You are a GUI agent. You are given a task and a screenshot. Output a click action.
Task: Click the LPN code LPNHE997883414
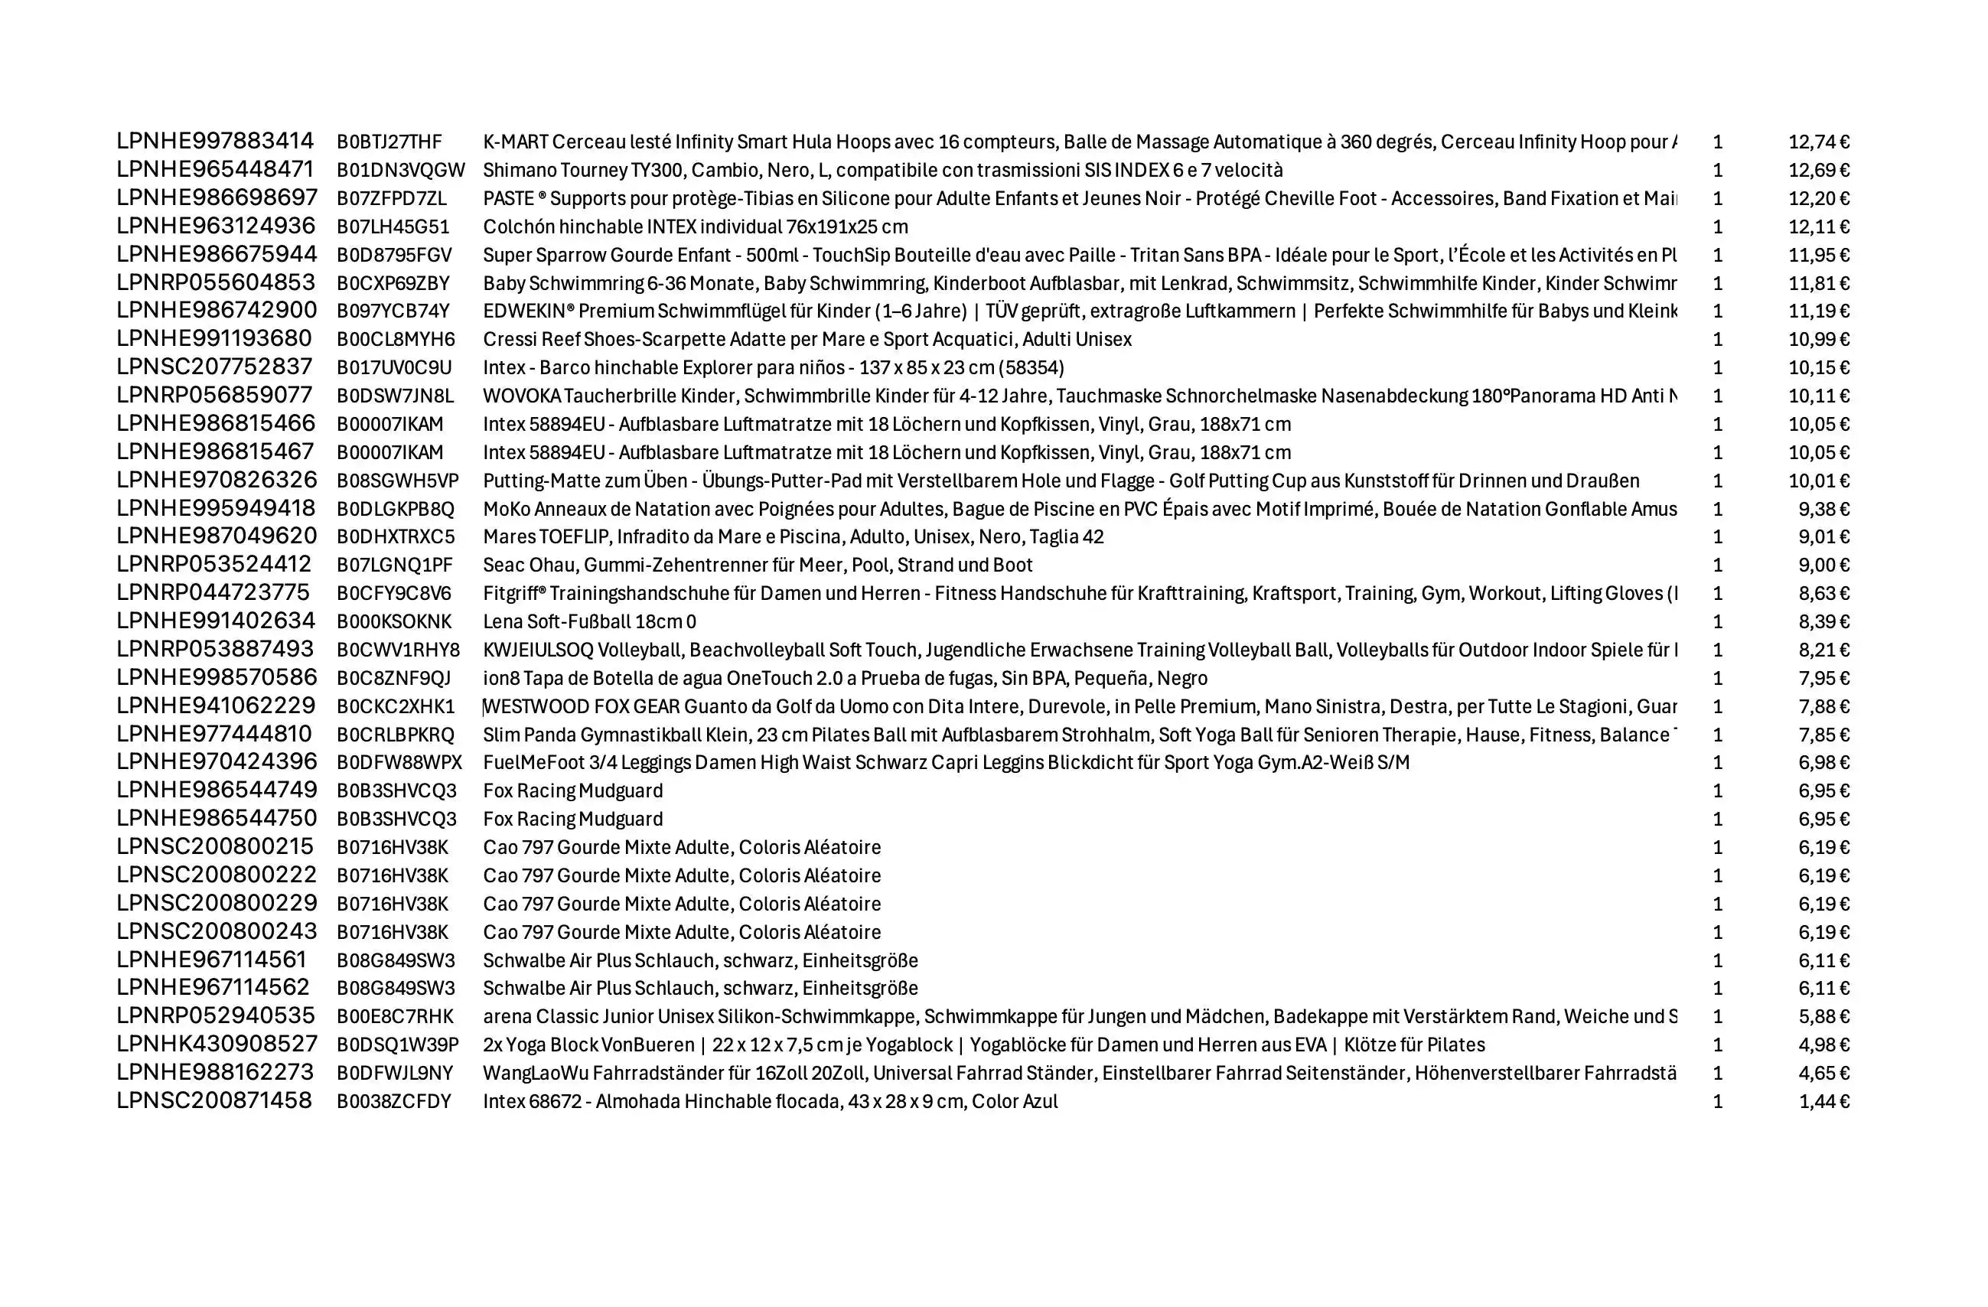(215, 141)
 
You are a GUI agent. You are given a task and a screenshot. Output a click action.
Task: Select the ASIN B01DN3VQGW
(400, 171)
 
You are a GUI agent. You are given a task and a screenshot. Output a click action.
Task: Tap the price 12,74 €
(1818, 142)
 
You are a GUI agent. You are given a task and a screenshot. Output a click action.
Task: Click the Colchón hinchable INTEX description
(695, 227)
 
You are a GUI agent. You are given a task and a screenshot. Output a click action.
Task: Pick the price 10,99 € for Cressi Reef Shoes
(1818, 340)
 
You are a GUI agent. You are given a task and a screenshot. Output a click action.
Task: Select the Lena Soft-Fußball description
(589, 622)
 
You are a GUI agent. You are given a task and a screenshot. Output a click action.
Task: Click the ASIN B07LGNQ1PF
(394, 565)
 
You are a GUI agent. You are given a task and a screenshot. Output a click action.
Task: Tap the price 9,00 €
(1823, 565)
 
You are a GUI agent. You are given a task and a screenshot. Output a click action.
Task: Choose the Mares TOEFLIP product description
(793, 537)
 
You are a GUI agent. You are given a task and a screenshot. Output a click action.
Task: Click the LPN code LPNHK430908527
(217, 1045)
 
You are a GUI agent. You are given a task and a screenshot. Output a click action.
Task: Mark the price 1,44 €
(1823, 1102)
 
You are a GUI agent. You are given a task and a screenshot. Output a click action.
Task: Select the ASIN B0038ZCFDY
(393, 1102)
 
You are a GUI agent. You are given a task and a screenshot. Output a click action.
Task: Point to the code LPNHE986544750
(217, 819)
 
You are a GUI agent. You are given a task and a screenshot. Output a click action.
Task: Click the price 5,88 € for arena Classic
(1823, 1017)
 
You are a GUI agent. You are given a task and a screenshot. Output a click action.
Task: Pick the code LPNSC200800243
(217, 932)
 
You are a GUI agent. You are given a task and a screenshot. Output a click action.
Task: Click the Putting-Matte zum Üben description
(1060, 481)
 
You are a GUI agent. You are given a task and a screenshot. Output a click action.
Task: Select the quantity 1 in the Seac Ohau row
(1717, 565)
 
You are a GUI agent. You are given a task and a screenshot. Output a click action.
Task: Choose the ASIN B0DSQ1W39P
(398, 1045)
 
